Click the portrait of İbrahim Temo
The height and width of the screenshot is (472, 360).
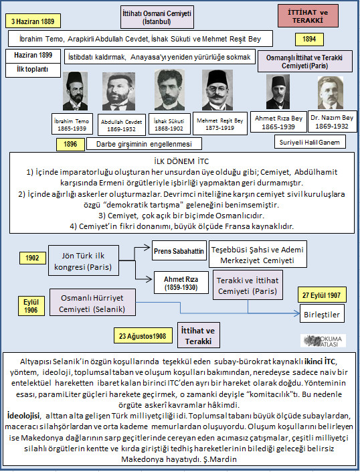tap(74, 92)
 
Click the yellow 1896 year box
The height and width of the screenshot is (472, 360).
tap(71, 144)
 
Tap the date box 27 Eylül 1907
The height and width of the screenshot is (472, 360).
tap(323, 295)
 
